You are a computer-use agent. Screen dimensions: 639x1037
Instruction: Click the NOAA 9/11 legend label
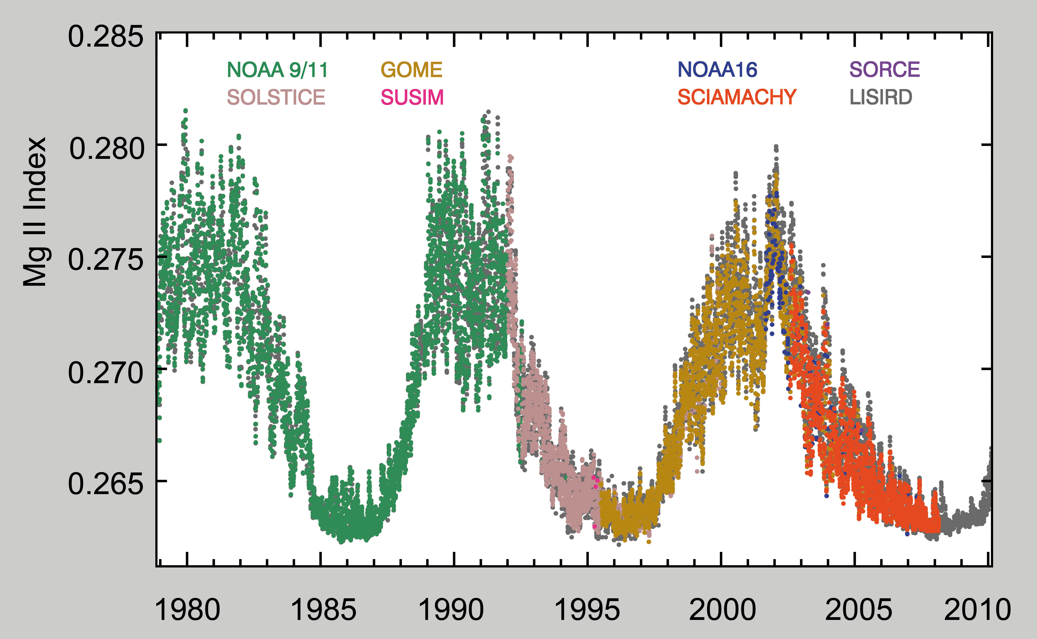pyautogui.click(x=278, y=70)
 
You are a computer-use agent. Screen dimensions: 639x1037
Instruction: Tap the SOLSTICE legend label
pyautogui.click(x=276, y=97)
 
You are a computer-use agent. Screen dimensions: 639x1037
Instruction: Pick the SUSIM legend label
pyautogui.click(x=412, y=97)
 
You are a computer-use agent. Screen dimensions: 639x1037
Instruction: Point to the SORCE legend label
pyautogui.click(x=885, y=70)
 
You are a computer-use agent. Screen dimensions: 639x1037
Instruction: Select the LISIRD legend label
pyautogui.click(x=881, y=97)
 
